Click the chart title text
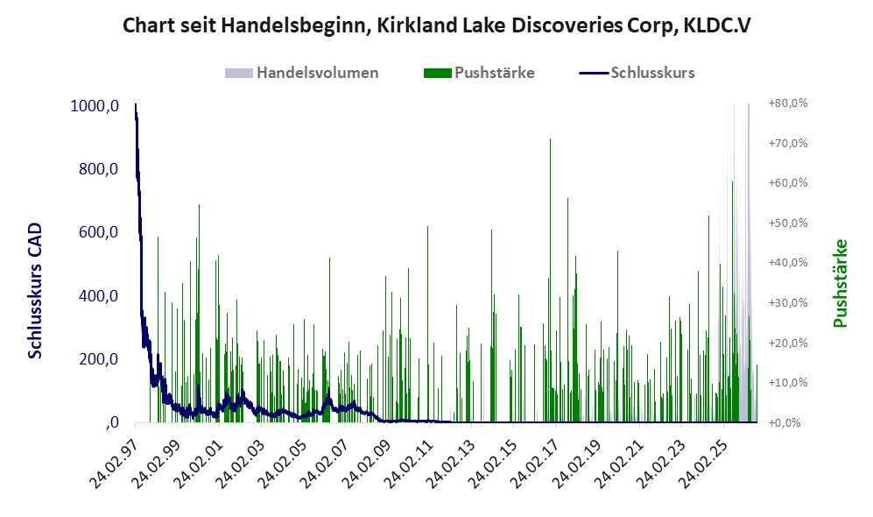436,25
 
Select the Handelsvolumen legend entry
301,73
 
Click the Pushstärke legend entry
479,73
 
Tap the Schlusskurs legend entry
637,73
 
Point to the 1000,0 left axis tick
95,106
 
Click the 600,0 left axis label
99,232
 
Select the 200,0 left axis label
99,359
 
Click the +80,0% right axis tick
788,103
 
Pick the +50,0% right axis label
788,223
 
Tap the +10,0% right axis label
788,383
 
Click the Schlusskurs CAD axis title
35,291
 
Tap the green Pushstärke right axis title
840,283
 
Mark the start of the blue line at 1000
136,104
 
